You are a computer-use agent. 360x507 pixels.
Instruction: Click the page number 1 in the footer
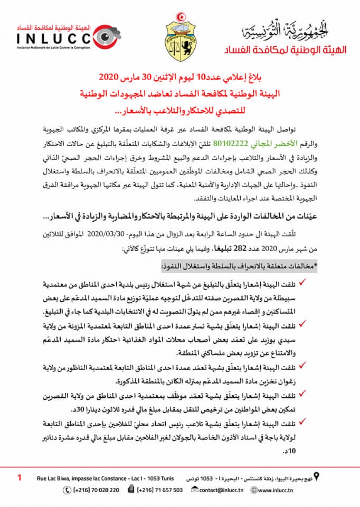[20, 478]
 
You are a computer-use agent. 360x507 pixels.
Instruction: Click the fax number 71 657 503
[160, 490]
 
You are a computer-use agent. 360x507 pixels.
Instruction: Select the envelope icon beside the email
[195, 490]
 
